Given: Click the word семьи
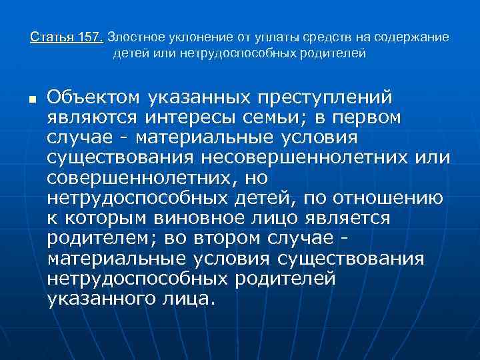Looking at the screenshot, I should (284, 117).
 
